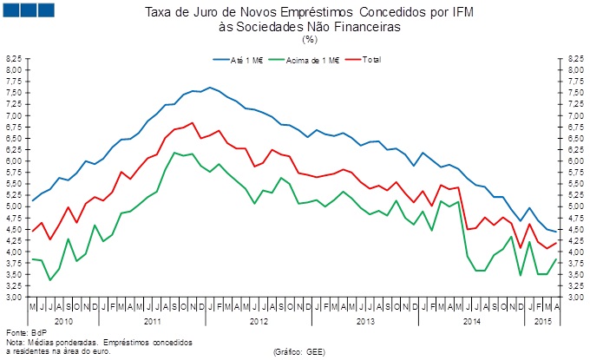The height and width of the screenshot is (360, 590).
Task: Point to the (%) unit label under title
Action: [x=310, y=39]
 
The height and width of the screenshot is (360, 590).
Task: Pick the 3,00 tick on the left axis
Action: [x=15, y=298]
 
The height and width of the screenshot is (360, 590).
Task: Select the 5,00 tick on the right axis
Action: [x=575, y=206]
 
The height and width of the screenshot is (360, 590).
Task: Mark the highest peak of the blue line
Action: [x=211, y=88]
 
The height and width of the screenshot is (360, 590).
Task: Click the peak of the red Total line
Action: [x=192, y=122]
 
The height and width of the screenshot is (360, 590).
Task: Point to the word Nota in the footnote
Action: [x=15, y=342]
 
